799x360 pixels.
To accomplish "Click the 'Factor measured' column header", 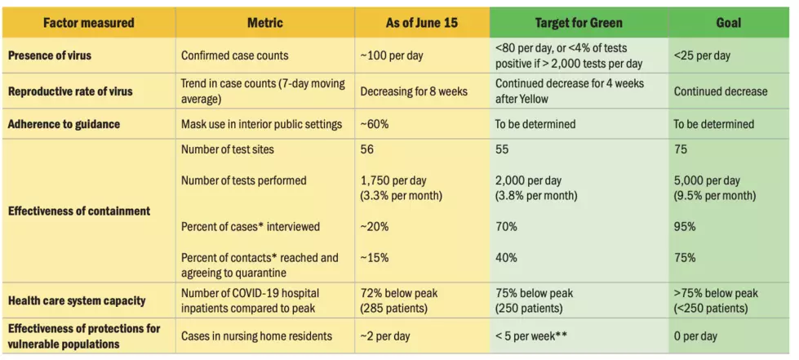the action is pos(89,22).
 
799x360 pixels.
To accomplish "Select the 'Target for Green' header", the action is pos(579,22).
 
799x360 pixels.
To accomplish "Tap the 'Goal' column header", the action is pos(728,22).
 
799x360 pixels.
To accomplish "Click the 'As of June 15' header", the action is pos(421,22).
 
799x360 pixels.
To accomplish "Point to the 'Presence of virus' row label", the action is pos(50,55).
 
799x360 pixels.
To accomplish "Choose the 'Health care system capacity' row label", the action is pos(77,300).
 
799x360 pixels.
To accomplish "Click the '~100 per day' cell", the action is pos(392,56).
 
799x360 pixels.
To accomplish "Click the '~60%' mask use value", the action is pos(374,124).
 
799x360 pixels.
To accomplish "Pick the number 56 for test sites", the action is pos(367,149).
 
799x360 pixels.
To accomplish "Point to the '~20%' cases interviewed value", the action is pos(374,226).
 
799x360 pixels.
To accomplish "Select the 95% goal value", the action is pos(685,226).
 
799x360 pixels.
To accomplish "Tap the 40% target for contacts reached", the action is pos(506,257).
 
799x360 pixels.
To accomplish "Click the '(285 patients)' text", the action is pos(394,308).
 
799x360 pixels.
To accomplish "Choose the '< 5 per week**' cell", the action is pos(531,336).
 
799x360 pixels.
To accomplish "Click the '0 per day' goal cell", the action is pos(695,336).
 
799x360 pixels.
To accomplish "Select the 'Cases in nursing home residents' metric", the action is pos(256,336).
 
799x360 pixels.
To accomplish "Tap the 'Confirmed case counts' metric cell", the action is pos(234,56).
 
